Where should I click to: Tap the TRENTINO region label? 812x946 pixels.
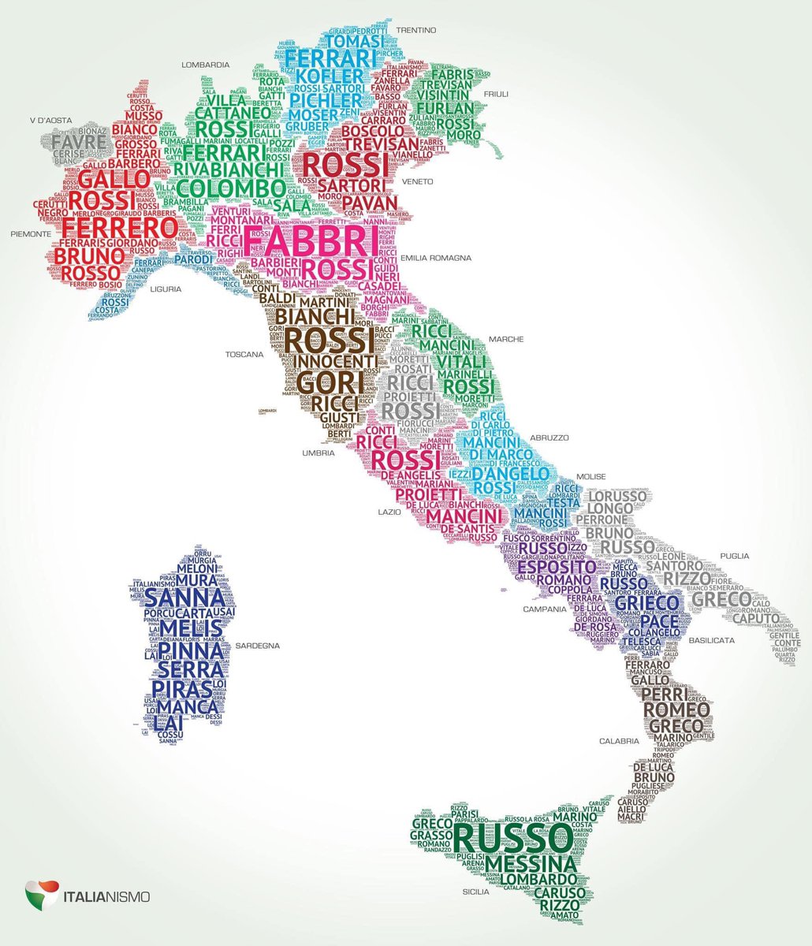click(416, 30)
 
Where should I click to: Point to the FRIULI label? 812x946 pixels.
click(496, 94)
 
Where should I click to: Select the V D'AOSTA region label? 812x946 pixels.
click(50, 121)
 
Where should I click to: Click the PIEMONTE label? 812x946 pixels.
click(32, 234)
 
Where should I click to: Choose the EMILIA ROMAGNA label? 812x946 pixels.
click(436, 258)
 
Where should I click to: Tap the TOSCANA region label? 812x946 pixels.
click(244, 355)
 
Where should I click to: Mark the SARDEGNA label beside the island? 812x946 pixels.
click(257, 646)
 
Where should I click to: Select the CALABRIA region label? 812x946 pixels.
click(618, 741)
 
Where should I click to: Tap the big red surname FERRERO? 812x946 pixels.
click(120, 228)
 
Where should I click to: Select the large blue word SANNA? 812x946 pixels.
click(180, 597)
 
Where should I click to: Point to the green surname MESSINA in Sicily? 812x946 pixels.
click(531, 864)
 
